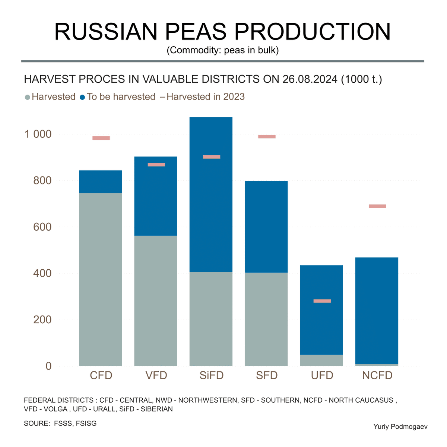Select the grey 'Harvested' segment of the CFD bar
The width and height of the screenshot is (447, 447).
pyautogui.click(x=101, y=279)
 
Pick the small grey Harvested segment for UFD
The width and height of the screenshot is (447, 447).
pyautogui.click(x=321, y=360)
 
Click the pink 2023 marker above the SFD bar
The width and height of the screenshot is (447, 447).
pyautogui.click(x=267, y=137)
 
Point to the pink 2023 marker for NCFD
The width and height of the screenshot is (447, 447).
pyautogui.click(x=377, y=206)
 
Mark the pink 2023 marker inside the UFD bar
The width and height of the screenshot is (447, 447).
pyautogui.click(x=322, y=301)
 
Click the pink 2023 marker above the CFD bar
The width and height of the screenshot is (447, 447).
pyautogui.click(x=101, y=138)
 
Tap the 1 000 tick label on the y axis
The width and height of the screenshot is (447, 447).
pyautogui.click(x=38, y=134)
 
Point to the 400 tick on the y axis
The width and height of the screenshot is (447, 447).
pyautogui.click(x=42, y=273)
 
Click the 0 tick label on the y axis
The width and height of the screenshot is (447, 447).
pyautogui.click(x=48, y=366)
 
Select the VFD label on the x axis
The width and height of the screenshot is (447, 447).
pyautogui.click(x=156, y=375)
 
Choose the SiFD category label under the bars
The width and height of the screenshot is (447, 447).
pyautogui.click(x=211, y=375)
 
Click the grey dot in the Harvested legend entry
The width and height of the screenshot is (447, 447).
pyautogui.click(x=27, y=97)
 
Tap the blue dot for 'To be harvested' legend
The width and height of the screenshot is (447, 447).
pyautogui.click(x=83, y=97)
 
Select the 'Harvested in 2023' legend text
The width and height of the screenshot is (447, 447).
pyautogui.click(x=206, y=97)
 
